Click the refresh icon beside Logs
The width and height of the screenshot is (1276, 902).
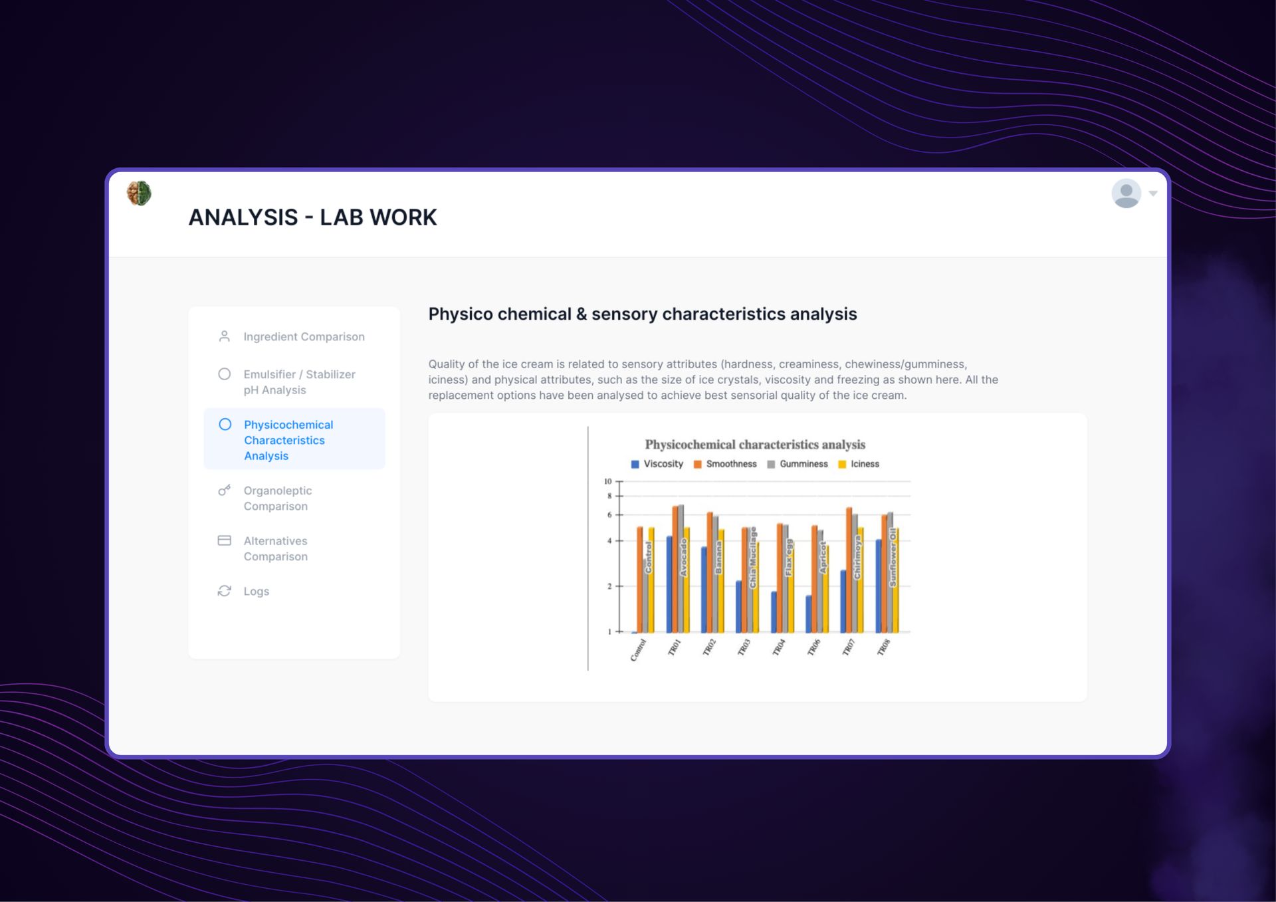pyautogui.click(x=225, y=591)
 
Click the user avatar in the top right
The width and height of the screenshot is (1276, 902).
pyautogui.click(x=1126, y=193)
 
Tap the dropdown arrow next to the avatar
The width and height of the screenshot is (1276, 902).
pyautogui.click(x=1153, y=193)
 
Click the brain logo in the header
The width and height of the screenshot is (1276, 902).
pyautogui.click(x=139, y=193)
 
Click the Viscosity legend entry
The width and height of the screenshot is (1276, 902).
pyautogui.click(x=657, y=464)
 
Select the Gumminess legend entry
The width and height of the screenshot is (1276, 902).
pyautogui.click(x=797, y=464)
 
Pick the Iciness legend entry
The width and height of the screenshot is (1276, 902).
pyautogui.click(x=859, y=464)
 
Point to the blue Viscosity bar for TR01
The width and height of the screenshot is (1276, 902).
pyautogui.click(x=669, y=584)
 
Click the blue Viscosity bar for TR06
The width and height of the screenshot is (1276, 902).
pyautogui.click(x=809, y=614)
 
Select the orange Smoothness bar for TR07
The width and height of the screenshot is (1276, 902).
pyautogui.click(x=849, y=570)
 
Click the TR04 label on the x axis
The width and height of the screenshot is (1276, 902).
pyautogui.click(x=779, y=647)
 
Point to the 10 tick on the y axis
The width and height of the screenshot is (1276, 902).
pyautogui.click(x=607, y=481)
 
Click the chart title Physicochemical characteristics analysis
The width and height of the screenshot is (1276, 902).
pyautogui.click(x=755, y=445)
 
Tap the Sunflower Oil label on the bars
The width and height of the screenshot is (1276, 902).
pyautogui.click(x=893, y=557)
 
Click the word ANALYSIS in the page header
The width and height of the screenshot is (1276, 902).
pyautogui.click(x=243, y=217)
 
